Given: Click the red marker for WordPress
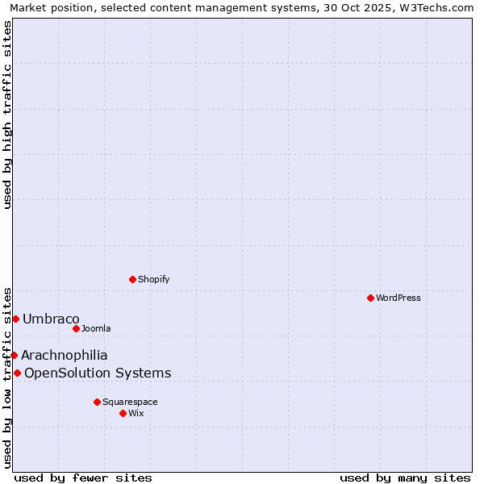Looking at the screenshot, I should pos(370,298).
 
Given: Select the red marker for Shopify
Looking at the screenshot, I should pos(132,279).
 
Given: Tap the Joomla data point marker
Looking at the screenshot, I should pos(76,328).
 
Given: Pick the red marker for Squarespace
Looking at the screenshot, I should pos(97,402).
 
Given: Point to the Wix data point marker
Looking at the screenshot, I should pos(123,413).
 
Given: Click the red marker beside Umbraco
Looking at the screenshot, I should pos(15,319).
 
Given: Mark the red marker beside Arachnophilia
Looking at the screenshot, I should pos(14,355).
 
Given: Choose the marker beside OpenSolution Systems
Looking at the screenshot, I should pos(17,373).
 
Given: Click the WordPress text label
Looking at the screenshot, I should pos(398,298).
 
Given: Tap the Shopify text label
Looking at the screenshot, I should pos(154,279).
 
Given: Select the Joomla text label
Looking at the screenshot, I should pos(96,328).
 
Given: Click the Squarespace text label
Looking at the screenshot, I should pos(130,402).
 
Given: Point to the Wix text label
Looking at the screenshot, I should pos(136,413).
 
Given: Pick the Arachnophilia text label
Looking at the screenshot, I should pos(65,355).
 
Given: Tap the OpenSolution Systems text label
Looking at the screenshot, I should pos(98,373).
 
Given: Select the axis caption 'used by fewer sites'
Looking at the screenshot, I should pos(83,478).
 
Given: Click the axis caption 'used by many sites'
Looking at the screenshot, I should pos(405,478).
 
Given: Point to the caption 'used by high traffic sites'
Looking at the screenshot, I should pos(7,115).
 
